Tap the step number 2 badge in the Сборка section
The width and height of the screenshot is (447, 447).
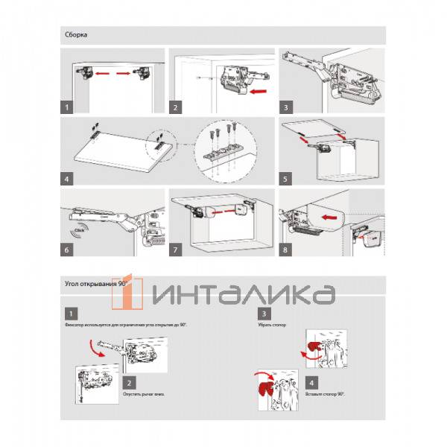175,107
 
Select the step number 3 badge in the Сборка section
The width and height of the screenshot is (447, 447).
285,107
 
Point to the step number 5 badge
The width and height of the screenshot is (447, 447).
285,180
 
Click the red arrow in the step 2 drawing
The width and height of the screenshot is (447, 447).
259,92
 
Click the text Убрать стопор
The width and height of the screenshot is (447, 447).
270,326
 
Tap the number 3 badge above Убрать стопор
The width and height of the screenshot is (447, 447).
262,313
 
